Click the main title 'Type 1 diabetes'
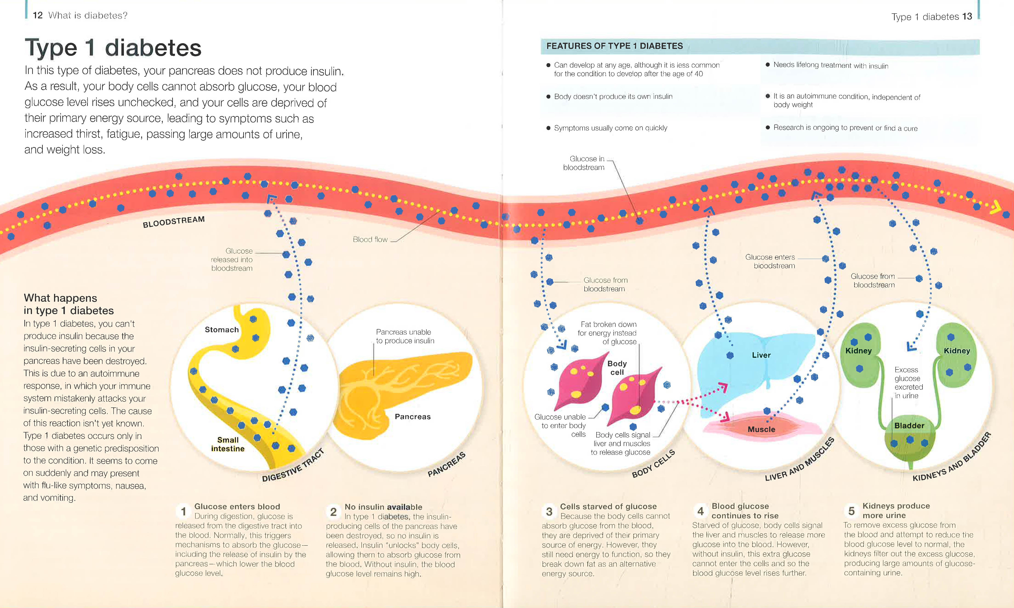113,48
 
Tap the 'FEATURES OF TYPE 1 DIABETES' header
614,46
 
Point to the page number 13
967,16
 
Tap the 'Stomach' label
221,330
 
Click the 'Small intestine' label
228,444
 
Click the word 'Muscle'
761,429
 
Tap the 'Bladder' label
909,426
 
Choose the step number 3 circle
549,511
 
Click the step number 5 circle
851,511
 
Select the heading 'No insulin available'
383,507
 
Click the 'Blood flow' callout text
370,239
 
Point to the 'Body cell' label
617,367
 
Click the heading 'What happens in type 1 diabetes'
69,304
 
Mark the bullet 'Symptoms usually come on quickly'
610,128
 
